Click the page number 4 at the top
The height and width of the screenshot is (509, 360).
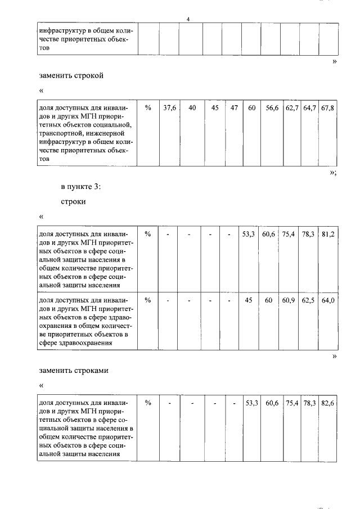pos(188,20)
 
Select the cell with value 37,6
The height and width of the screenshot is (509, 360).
pos(169,108)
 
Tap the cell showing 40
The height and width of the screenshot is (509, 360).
pos(192,108)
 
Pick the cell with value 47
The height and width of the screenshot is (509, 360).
pos(234,108)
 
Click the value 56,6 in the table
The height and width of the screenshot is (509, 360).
pos(272,108)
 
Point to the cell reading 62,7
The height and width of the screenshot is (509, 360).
pos(291,108)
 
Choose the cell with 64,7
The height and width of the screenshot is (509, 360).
pos(309,108)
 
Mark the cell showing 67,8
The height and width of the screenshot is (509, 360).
pos(328,108)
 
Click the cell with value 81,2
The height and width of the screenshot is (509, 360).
pos(328,234)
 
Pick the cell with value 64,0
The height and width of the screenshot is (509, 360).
pos(328,300)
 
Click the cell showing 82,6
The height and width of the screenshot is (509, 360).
pos(328,403)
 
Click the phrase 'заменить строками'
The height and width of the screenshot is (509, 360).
pos(73,371)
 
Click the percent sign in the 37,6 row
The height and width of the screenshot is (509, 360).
pos(148,108)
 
